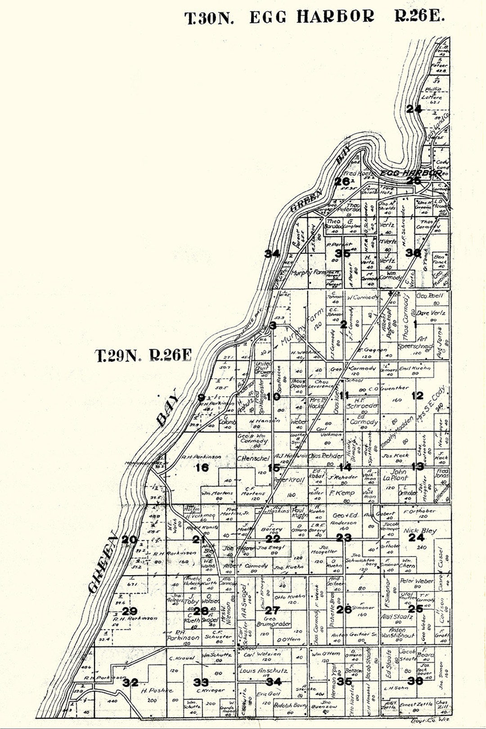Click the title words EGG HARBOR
pos(311,17)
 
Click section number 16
pos(202,468)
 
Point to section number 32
pos(130,683)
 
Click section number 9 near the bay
pos(201,397)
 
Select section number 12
pos(417,396)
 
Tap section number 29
pos(130,612)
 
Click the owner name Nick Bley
pos(419,531)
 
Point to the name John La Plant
pos(399,475)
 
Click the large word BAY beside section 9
pos(167,413)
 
